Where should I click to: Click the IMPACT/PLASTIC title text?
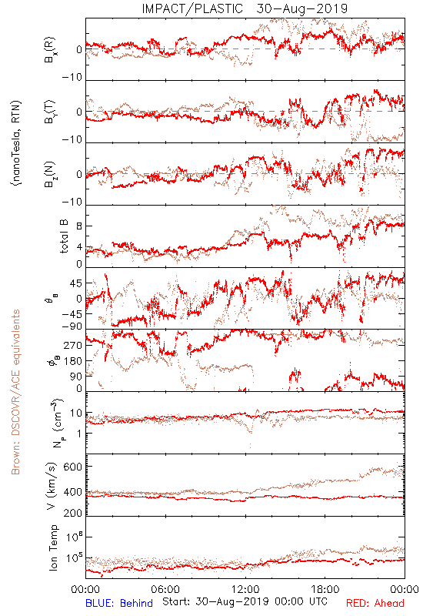[192, 8]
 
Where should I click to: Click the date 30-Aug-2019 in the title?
[302, 8]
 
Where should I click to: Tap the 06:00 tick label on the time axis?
[165, 589]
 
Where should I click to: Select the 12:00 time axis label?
[245, 589]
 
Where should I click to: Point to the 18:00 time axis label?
[325, 589]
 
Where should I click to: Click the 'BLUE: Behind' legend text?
[119, 603]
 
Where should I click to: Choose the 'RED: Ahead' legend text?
[375, 603]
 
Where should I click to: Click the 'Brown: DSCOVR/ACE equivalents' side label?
[15, 392]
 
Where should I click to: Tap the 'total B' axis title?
[64, 236]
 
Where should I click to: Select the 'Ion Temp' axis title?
[53, 547]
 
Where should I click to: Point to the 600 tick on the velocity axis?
[73, 467]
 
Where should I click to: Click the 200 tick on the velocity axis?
[73, 513]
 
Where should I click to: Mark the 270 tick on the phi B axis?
[73, 345]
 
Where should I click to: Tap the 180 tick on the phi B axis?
[73, 360]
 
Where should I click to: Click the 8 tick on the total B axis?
[79, 226]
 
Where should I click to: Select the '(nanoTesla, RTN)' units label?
[16, 142]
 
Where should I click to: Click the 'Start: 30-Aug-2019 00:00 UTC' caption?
[245, 601]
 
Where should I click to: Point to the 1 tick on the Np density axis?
[80, 434]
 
